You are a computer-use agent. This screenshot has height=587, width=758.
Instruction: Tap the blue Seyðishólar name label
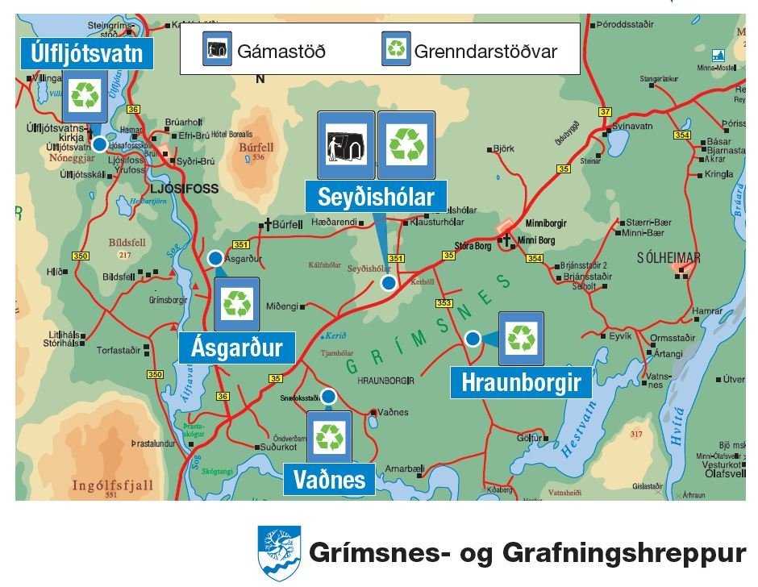point(376,197)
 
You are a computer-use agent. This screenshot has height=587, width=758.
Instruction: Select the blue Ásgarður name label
point(236,347)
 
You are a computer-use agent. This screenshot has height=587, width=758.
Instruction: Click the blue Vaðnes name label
point(329,480)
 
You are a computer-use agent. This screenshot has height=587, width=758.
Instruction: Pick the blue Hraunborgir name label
point(521,382)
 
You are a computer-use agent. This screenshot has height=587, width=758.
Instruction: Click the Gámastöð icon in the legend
point(217,49)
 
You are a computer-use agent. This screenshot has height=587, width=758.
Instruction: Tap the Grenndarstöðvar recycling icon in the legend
point(396,49)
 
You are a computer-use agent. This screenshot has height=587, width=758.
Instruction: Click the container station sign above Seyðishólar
point(346,145)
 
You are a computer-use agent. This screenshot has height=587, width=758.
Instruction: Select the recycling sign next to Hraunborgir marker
point(521,339)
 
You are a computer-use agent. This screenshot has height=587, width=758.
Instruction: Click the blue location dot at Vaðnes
point(328,396)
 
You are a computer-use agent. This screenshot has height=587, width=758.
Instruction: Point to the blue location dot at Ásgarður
point(215,258)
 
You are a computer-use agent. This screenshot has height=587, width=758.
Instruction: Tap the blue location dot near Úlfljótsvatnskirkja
point(99,144)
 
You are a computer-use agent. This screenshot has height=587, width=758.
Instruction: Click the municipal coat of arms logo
point(279,552)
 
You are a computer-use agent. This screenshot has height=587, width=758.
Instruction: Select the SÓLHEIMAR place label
point(668,258)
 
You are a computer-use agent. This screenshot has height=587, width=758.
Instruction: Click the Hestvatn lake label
point(579,438)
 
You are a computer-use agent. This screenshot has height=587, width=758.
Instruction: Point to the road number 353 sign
point(444,303)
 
